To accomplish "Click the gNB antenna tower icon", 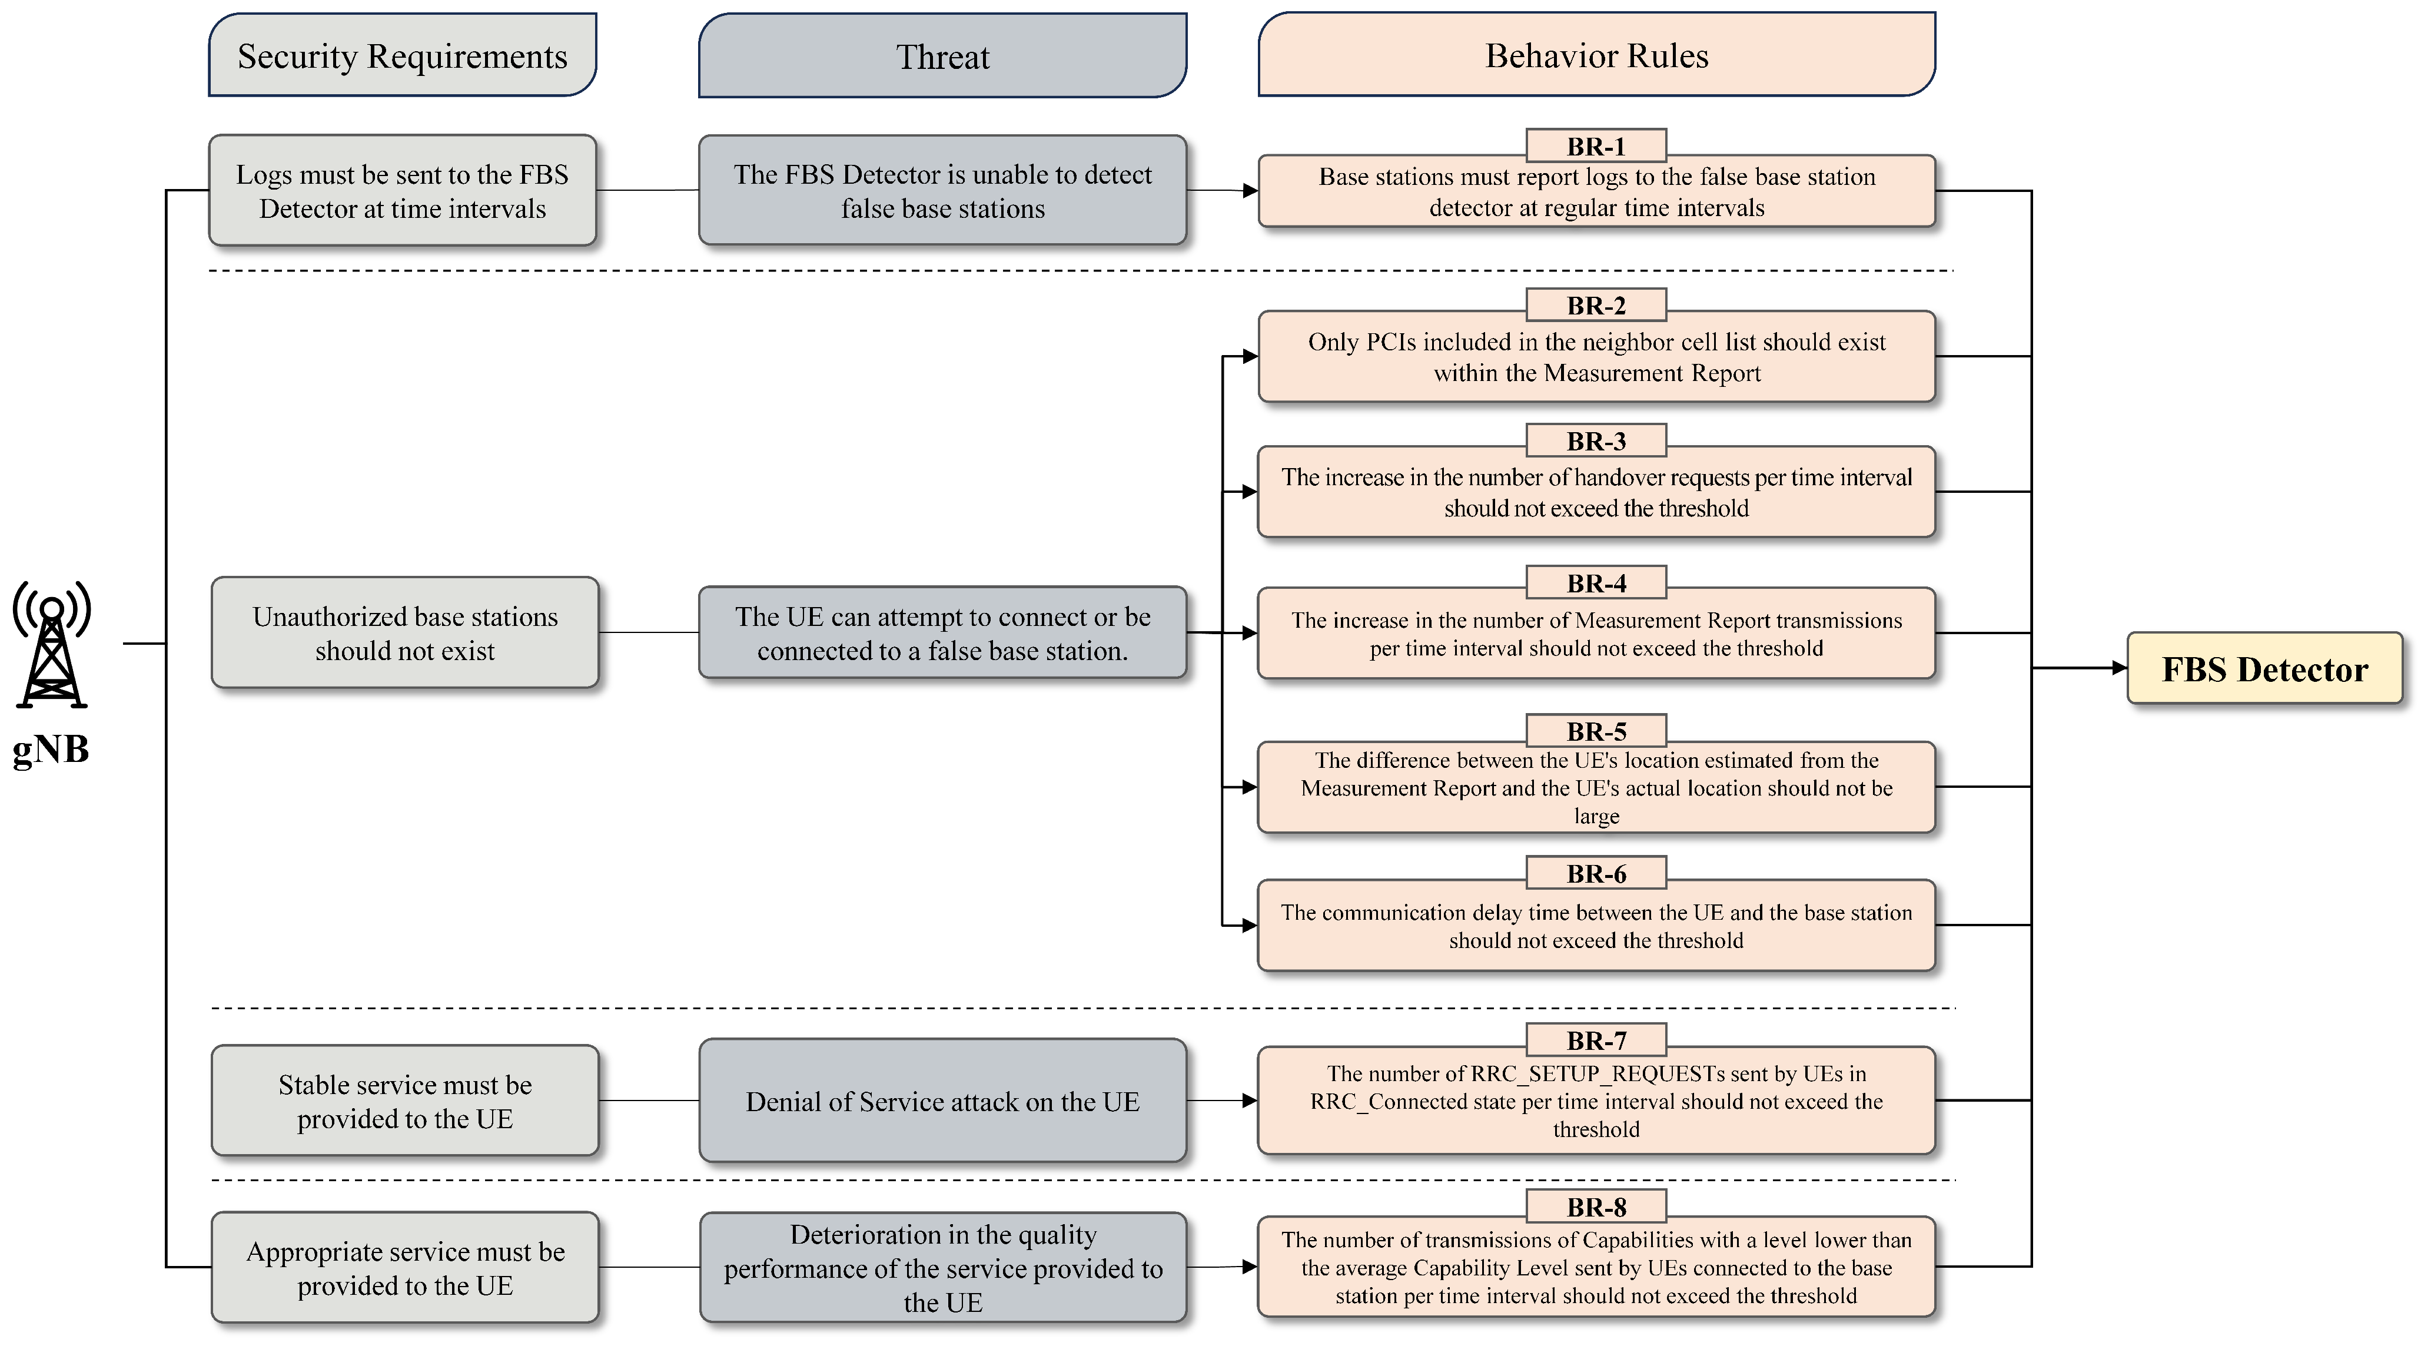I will click(52, 645).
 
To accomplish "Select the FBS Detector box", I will click(2263, 668).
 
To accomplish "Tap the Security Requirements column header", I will click(402, 55).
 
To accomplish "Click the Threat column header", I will click(942, 57).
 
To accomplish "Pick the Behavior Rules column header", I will click(1596, 55).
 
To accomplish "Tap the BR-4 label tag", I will click(1596, 583).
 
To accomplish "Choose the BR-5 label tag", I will click(1596, 730).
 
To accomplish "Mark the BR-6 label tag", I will click(1596, 873).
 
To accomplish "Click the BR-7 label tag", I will click(1596, 1040).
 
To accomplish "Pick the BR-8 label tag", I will click(1596, 1206).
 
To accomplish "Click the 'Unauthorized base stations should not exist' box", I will click(405, 632).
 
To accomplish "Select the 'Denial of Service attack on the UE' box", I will click(942, 1101).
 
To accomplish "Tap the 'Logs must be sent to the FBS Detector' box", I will click(402, 191).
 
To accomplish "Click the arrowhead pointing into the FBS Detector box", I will click(2118, 668).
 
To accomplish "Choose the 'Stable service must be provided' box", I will click(405, 1101).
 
